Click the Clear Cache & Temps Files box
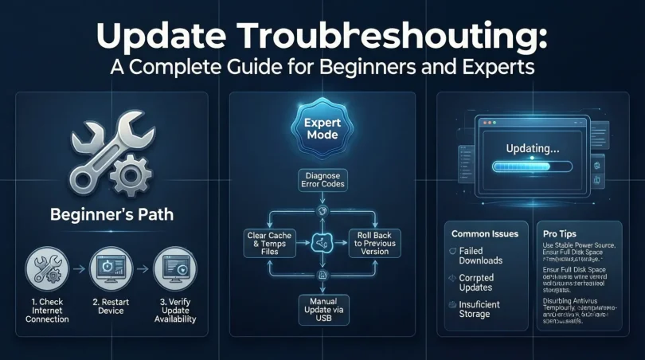pyautogui.click(x=268, y=244)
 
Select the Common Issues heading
pyautogui.click(x=485, y=234)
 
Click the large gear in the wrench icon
pyautogui.click(x=130, y=170)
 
